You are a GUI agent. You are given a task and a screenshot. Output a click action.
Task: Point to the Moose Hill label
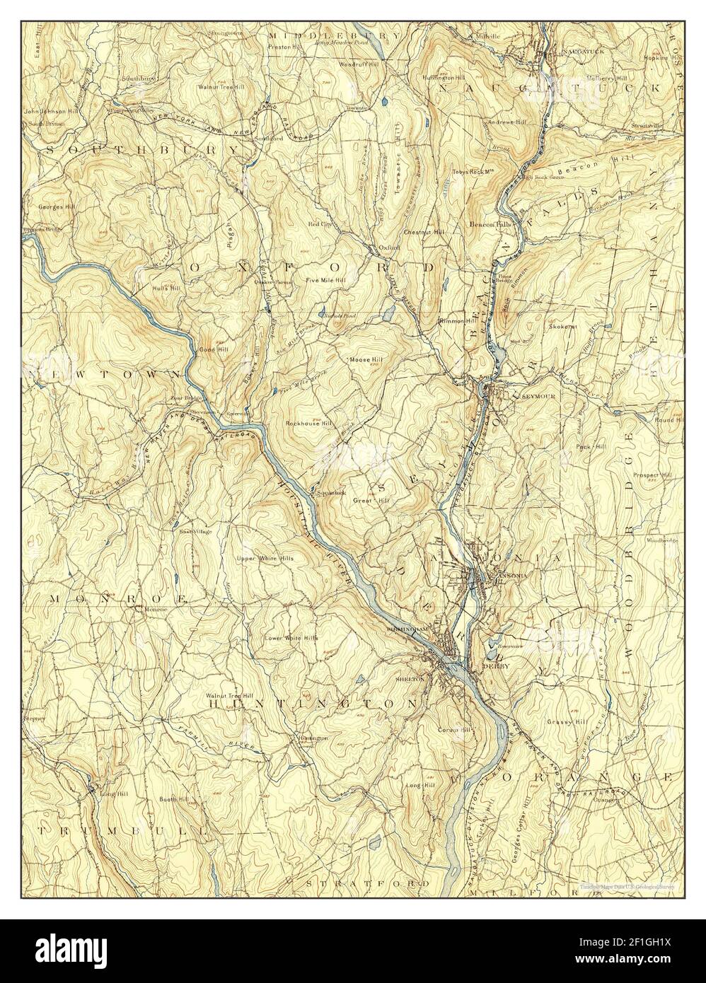point(366,360)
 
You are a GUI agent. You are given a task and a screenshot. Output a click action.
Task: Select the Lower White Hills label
point(291,638)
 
